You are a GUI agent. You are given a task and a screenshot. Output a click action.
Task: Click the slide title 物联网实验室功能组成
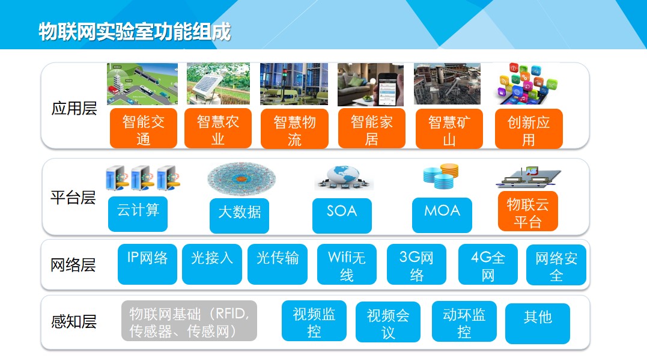click(x=135, y=32)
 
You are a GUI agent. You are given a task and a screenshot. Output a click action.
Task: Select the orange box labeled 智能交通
click(x=143, y=129)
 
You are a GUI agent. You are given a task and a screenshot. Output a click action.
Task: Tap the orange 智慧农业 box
click(x=218, y=129)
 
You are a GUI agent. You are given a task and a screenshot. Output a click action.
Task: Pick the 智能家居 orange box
click(x=371, y=129)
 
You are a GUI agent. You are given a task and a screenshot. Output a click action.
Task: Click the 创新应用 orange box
click(x=529, y=129)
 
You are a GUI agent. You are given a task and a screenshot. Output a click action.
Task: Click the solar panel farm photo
click(x=218, y=83)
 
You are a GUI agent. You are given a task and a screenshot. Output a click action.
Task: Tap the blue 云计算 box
click(x=138, y=214)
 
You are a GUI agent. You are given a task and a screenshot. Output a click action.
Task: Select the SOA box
click(x=342, y=216)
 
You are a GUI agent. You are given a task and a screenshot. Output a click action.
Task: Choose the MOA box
click(x=442, y=215)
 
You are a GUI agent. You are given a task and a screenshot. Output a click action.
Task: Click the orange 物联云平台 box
click(x=527, y=211)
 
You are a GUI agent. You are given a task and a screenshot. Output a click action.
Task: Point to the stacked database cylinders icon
click(x=441, y=176)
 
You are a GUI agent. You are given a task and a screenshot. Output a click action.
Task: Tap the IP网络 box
click(x=147, y=264)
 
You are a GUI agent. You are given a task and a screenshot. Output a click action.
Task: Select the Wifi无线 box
click(x=347, y=264)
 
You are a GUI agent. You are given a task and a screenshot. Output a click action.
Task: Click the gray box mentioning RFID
click(x=189, y=321)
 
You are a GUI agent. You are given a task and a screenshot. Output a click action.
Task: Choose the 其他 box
click(x=538, y=323)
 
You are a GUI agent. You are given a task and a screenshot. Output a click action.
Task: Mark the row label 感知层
click(x=74, y=321)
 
